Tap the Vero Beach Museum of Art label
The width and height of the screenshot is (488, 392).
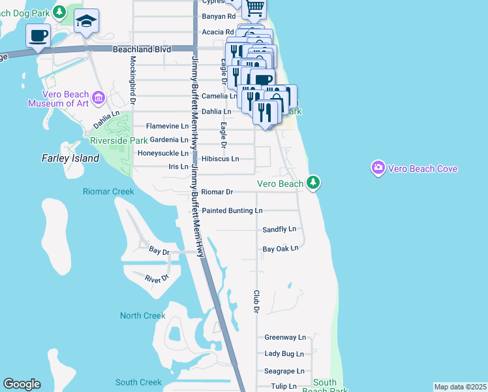(58, 98)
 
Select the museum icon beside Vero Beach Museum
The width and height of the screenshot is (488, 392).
(99, 97)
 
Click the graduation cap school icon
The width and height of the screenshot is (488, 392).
(86, 22)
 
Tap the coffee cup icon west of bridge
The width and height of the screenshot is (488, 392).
(38, 35)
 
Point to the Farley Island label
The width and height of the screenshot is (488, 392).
(70, 158)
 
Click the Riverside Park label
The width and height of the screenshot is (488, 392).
(119, 140)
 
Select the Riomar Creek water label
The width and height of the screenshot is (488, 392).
(108, 191)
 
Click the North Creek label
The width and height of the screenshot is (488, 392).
(142, 316)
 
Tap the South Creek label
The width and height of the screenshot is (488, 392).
(138, 382)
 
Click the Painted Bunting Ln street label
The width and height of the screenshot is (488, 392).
(232, 210)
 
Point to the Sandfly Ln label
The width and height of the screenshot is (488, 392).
(279, 229)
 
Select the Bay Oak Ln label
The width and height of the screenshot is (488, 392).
(280, 248)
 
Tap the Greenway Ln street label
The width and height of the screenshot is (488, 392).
(285, 337)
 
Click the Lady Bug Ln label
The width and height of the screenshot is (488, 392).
(284, 353)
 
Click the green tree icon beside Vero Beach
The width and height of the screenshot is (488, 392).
(314, 182)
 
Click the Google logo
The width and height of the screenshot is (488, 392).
(22, 384)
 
